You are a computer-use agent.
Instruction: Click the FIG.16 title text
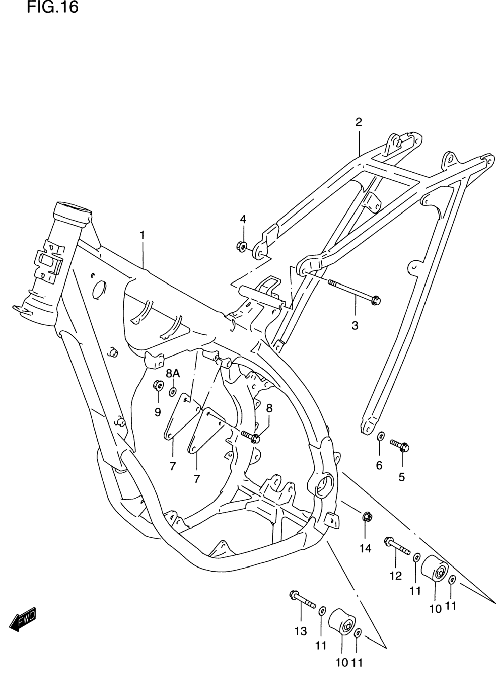point(53,7)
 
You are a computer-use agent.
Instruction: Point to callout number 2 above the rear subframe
point(359,122)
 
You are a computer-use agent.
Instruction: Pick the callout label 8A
point(173,373)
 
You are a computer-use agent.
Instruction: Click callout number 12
point(396,576)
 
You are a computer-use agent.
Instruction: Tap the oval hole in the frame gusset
point(99,290)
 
